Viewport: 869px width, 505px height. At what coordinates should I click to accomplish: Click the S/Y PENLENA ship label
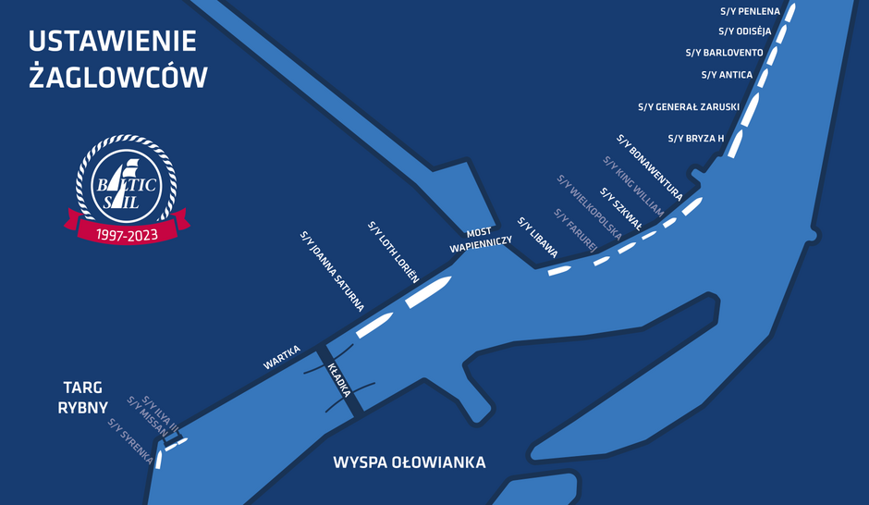pyautogui.click(x=750, y=11)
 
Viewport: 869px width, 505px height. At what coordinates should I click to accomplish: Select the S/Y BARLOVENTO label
pyautogui.click(x=725, y=53)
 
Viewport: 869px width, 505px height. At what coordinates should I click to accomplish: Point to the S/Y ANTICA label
pyautogui.click(x=728, y=75)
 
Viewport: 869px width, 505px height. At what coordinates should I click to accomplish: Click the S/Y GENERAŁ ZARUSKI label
pyautogui.click(x=689, y=107)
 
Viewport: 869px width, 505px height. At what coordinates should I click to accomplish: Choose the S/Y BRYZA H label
pyautogui.click(x=695, y=139)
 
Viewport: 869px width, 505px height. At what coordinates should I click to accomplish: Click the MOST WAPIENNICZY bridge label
pyautogui.click(x=481, y=240)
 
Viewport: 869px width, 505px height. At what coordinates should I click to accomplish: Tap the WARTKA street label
pyautogui.click(x=282, y=357)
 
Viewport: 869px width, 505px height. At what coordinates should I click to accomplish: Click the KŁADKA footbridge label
pyautogui.click(x=338, y=380)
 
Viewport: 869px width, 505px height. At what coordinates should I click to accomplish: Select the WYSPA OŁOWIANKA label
pyautogui.click(x=409, y=462)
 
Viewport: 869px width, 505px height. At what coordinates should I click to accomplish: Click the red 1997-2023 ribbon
pyautogui.click(x=127, y=232)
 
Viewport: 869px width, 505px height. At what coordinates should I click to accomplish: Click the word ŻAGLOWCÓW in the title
pyautogui.click(x=117, y=78)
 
